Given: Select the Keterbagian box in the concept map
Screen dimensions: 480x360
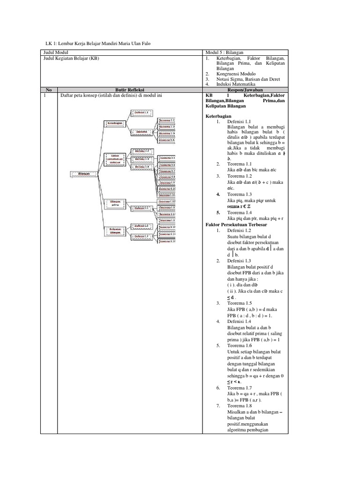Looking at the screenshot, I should tap(115, 123).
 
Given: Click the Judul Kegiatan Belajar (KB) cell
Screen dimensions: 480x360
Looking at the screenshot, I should tap(71, 59).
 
